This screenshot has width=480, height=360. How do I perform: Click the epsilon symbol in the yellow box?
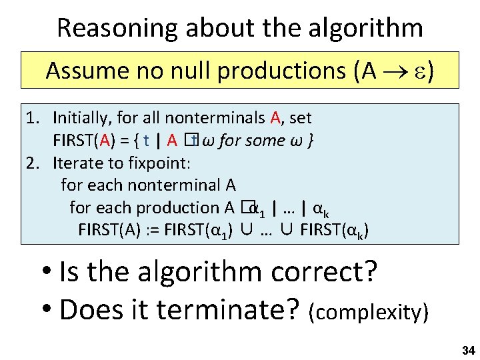pos(420,71)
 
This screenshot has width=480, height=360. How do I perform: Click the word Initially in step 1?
pos(81,119)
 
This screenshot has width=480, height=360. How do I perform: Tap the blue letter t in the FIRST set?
pos(146,141)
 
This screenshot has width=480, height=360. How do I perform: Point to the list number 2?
pos(31,163)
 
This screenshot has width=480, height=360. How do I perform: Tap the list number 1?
pos(31,119)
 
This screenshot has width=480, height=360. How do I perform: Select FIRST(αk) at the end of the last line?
pos(334,231)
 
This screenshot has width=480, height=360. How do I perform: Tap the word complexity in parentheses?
pos(367,312)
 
